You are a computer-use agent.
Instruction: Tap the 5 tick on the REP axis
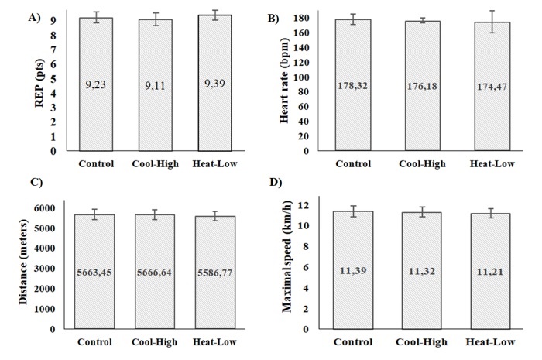[53, 79]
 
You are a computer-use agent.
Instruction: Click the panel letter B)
[273, 16]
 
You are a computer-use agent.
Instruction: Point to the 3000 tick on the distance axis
[45, 269]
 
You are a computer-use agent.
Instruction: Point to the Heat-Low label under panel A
[211, 163]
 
